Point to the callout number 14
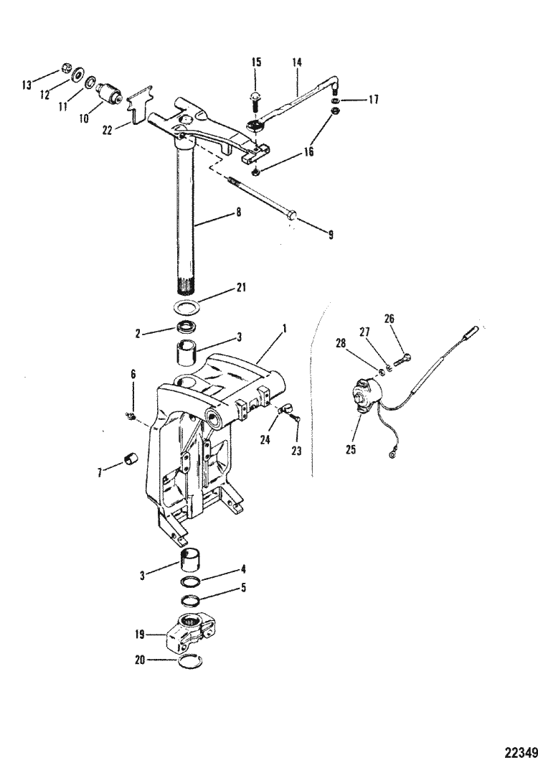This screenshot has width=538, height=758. point(298,63)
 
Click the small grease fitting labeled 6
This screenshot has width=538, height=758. point(129,416)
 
